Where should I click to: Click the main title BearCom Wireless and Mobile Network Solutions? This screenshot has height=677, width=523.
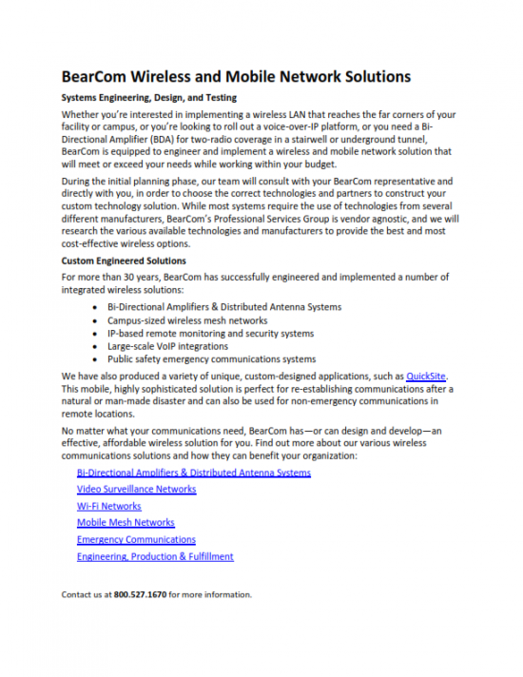pos(236,76)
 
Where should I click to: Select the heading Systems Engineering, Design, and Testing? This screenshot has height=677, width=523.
pos(149,98)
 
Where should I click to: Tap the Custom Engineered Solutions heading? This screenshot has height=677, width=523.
pos(124,261)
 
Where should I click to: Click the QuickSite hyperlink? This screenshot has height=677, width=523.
pos(426,377)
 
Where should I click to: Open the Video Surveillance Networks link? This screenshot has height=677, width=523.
pos(137,489)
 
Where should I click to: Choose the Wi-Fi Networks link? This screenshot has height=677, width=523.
pos(109,506)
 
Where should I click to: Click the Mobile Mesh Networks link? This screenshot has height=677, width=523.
pos(126,522)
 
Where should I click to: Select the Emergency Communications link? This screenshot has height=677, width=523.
pos(136,539)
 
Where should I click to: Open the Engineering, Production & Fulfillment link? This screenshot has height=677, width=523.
pos(155,556)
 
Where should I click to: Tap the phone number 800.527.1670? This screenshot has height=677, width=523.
pos(140,594)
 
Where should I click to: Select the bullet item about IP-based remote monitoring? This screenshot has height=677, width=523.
pos(210,334)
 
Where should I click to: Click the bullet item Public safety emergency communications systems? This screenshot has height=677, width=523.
pos(211,359)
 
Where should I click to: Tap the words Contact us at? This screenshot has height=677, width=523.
pos(87,594)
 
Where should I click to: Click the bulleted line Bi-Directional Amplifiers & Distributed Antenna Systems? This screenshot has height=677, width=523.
pos(224,307)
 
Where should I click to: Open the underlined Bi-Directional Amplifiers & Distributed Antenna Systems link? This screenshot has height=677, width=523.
pos(194,473)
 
